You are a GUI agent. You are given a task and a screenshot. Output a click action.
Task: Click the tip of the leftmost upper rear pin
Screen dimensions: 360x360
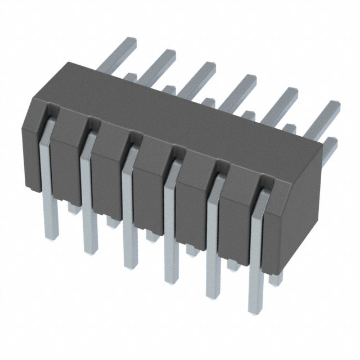[x=130, y=41]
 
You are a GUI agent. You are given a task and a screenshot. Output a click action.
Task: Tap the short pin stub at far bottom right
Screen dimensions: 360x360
[x=274, y=278]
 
